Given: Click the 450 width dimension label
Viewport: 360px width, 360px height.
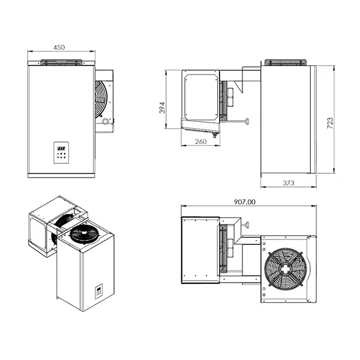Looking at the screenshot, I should click(59, 47).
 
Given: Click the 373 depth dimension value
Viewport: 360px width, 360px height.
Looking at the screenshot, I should click(288, 183).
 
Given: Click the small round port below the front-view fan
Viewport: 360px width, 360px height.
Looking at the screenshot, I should click(107, 121).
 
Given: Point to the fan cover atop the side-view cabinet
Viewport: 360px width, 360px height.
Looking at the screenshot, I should click(287, 62).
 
